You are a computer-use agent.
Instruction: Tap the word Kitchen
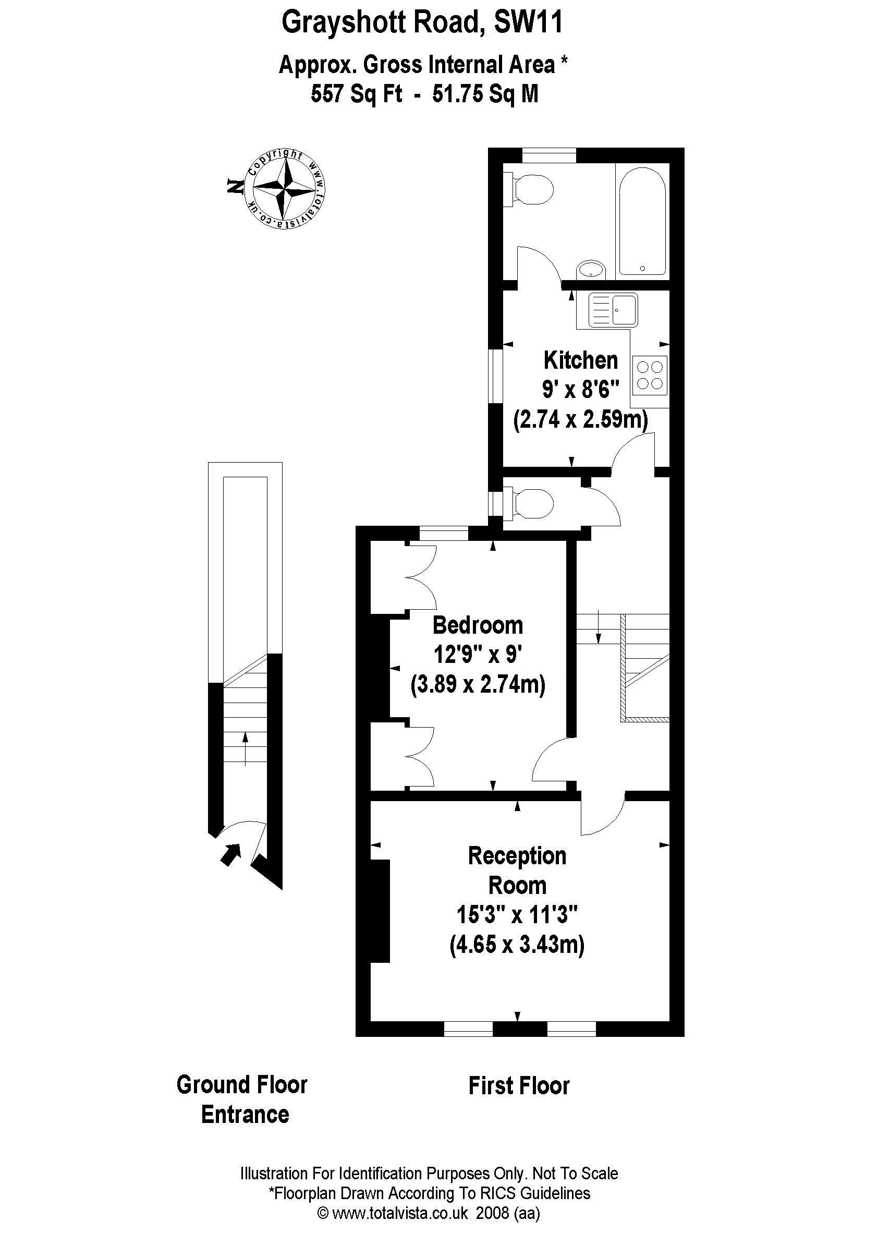point(580,360)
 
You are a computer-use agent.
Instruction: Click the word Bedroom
point(478,625)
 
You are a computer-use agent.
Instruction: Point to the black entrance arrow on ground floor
point(231,854)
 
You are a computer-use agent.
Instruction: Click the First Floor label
point(519,1086)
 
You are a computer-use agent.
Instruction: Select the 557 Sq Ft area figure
point(356,94)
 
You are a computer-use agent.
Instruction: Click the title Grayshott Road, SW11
point(423,23)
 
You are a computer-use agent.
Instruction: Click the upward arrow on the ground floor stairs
point(245,748)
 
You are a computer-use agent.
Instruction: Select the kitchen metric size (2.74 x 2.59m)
point(580,419)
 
